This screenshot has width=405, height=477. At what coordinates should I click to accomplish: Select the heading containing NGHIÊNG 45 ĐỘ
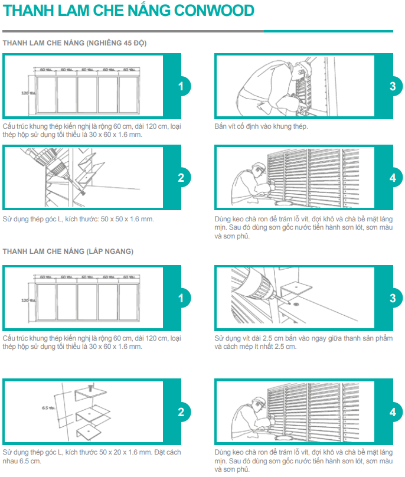point(74,44)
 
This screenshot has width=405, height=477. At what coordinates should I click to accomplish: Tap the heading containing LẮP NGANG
point(68,251)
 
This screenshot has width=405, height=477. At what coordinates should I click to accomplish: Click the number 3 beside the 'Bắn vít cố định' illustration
point(393,86)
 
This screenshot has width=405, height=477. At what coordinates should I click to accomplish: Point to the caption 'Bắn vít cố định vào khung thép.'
point(261,126)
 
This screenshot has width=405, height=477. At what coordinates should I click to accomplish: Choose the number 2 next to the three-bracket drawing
point(181,412)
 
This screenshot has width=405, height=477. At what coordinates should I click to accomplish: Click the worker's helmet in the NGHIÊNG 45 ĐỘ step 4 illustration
point(259,168)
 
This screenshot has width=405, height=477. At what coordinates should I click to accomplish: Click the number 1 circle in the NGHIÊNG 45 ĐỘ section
point(181,86)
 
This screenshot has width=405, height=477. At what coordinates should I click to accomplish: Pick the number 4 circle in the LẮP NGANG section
point(393,412)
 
